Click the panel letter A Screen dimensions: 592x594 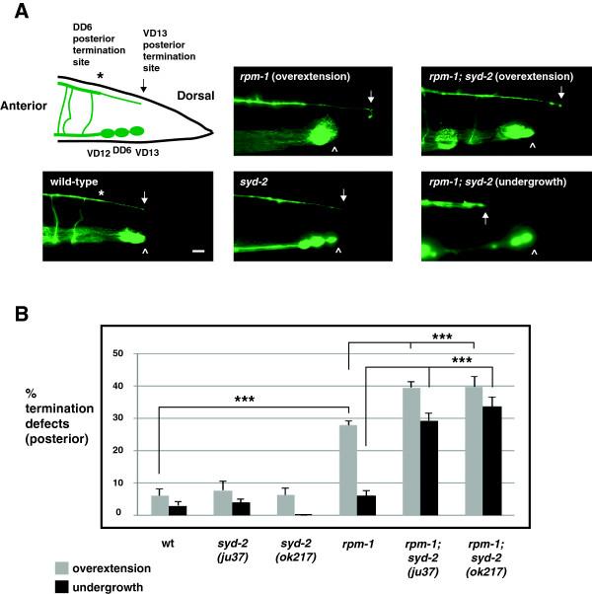click(x=13, y=11)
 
